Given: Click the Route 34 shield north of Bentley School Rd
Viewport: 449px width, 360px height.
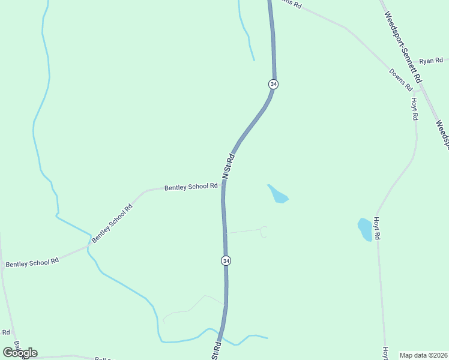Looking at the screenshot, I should pos(273,85).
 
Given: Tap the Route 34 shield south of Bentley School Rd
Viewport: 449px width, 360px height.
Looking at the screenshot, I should pos(226,261).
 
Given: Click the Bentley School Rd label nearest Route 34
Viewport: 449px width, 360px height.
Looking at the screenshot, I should pos(191,187).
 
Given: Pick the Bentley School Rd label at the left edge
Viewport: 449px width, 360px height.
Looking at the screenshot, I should pos(32,263).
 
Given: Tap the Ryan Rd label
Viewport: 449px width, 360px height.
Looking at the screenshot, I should pos(430,61).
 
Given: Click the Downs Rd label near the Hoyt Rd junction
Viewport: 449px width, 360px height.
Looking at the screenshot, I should pos(401,80).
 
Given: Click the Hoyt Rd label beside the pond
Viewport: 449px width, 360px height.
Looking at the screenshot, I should pos(378,229).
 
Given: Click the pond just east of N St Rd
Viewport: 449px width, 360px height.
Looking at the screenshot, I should pos(277,194).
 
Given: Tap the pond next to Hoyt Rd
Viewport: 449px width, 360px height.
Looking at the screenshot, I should pos(365,229).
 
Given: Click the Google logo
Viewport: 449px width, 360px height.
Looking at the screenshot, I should pos(20,352).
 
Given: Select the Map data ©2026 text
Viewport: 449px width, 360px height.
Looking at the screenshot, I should pos(424,355).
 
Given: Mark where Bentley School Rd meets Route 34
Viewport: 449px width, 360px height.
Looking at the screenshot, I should pos(223,185).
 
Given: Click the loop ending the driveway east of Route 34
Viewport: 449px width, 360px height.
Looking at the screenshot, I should pos(264,232).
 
